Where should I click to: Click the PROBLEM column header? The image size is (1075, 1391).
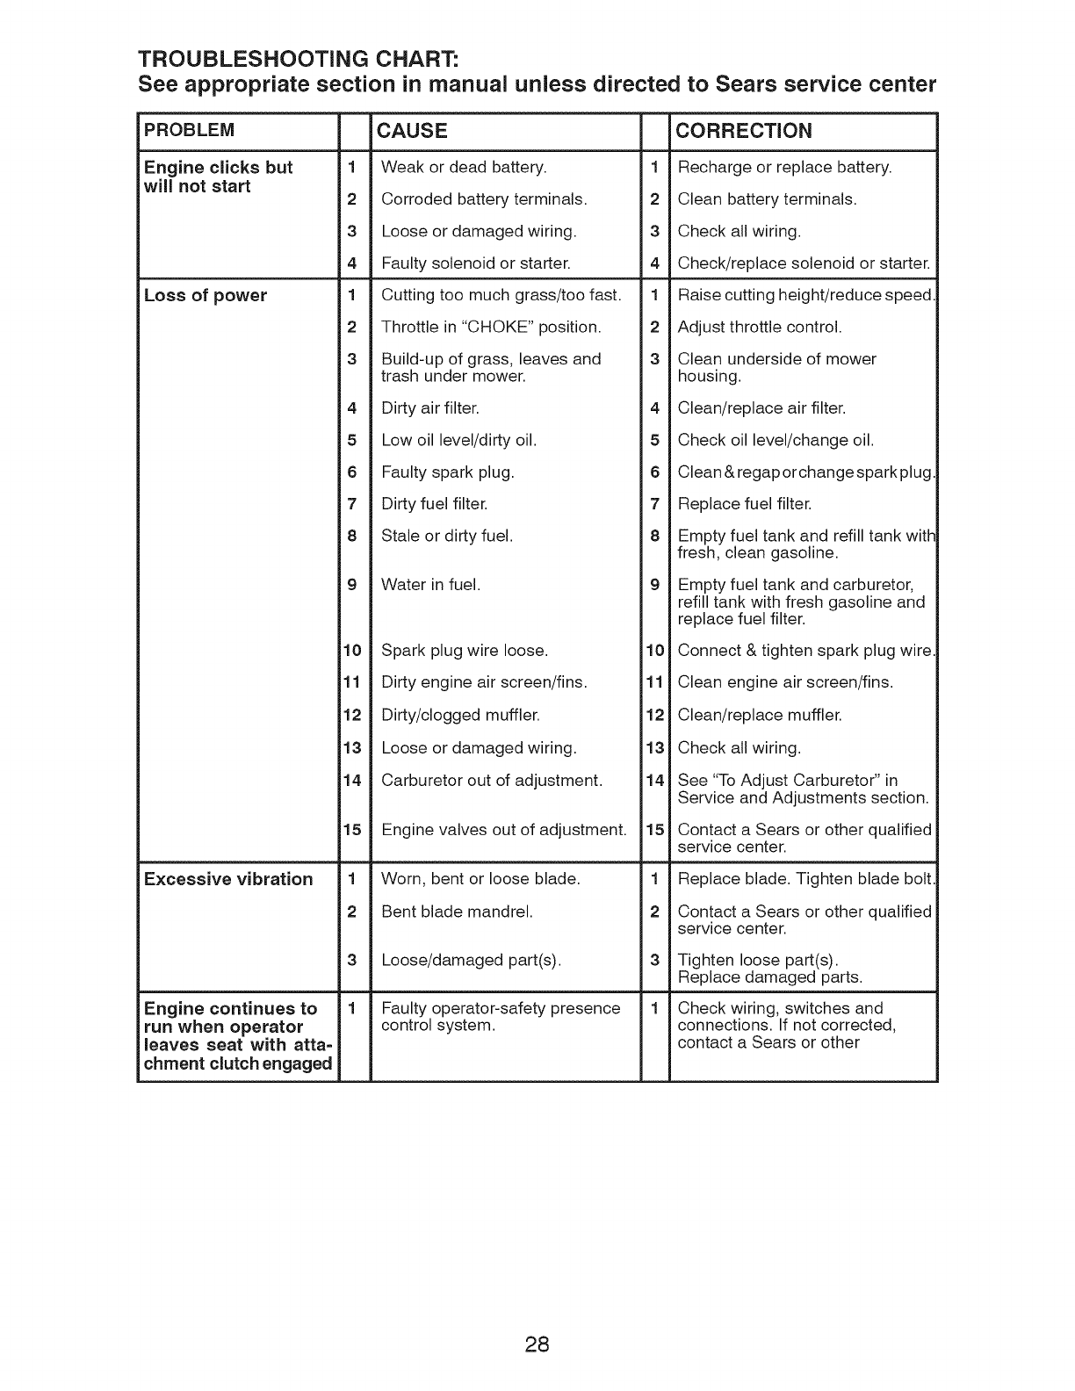pyautogui.click(x=190, y=131)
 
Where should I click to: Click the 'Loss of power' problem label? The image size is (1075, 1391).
pyautogui.click(x=206, y=295)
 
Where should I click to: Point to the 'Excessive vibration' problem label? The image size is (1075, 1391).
pyautogui.click(x=228, y=879)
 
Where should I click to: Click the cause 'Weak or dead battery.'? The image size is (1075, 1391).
pyautogui.click(x=464, y=167)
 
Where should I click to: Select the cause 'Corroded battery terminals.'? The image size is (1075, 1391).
pyautogui.click(x=484, y=199)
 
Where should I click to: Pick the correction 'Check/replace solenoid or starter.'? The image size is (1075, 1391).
pyautogui.click(x=804, y=263)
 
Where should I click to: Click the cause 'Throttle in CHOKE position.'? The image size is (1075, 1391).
pyautogui.click(x=491, y=328)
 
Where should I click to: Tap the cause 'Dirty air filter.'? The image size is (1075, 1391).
pyautogui.click(x=430, y=408)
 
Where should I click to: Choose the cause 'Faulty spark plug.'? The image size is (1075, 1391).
pyautogui.click(x=448, y=472)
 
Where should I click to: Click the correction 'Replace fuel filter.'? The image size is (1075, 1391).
pyautogui.click(x=745, y=504)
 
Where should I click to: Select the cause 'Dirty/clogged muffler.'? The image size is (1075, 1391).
pyautogui.click(x=461, y=715)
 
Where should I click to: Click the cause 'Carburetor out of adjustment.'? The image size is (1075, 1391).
pyautogui.click(x=492, y=780)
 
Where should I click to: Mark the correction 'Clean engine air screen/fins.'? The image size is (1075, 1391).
pyautogui.click(x=785, y=682)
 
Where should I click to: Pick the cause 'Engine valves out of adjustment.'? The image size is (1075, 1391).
pyautogui.click(x=504, y=830)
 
